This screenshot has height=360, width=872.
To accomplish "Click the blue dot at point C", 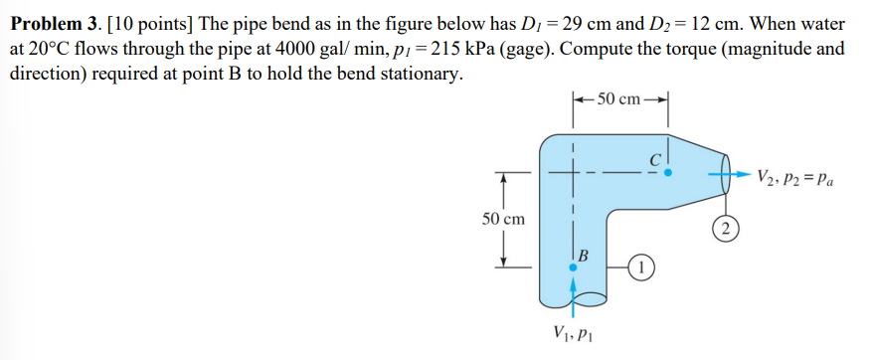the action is coord(669,172).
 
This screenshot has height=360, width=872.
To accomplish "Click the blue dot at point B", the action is coord(573,267).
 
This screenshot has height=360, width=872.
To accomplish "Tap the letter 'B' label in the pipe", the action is coord(584,254).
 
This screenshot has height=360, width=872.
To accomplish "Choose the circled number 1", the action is coord(643,267).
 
